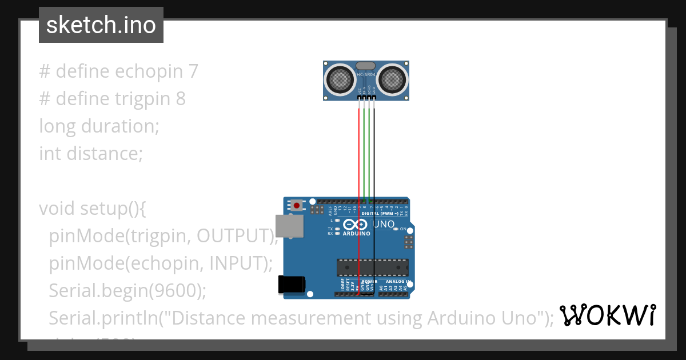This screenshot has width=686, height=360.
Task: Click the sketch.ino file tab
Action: (x=101, y=25)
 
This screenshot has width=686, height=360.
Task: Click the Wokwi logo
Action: (x=607, y=315)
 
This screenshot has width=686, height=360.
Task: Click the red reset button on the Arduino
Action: (x=297, y=205)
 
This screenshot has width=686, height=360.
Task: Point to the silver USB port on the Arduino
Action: (x=290, y=226)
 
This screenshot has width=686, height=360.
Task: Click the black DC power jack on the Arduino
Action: (x=291, y=285)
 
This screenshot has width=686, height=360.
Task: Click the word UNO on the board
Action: (x=384, y=225)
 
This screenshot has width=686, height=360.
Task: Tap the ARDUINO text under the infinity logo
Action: (x=356, y=234)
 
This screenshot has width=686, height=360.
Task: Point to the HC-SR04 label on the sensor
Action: (x=366, y=75)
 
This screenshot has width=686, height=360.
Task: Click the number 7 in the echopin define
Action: (x=193, y=71)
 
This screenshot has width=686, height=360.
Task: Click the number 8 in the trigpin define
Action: (x=181, y=99)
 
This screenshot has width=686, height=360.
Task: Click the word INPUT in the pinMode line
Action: (x=235, y=263)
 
